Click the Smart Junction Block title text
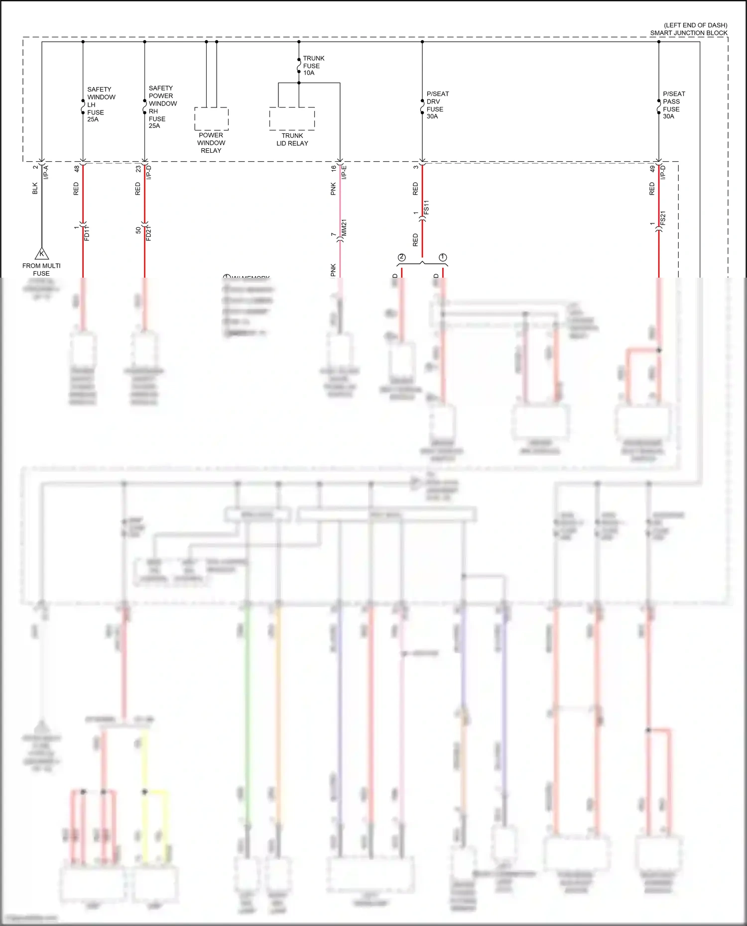[x=688, y=33]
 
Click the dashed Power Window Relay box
[x=211, y=118]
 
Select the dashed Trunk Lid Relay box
[x=292, y=118]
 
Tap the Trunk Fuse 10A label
[x=313, y=66]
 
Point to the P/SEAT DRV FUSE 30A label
[x=437, y=105]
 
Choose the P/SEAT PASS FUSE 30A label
[x=673, y=105]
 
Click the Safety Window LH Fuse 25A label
[x=101, y=104]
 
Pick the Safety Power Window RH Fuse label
[x=162, y=107]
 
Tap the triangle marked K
[x=42, y=254]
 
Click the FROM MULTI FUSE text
[x=41, y=270]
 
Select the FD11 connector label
[x=87, y=233]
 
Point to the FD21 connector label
[x=149, y=233]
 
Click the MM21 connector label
[x=344, y=228]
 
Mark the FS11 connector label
[x=426, y=208]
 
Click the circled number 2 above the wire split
[x=402, y=257]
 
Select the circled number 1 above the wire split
[x=443, y=257]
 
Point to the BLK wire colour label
[x=35, y=189]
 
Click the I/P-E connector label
[x=344, y=172]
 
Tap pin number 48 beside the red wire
[x=76, y=169]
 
